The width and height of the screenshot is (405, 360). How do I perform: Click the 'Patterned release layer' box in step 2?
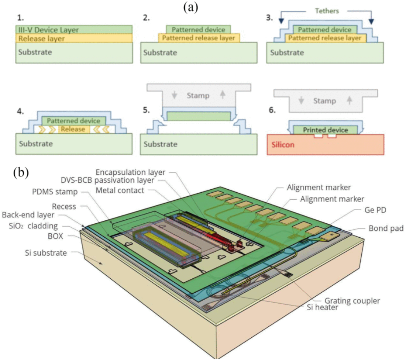(199, 38)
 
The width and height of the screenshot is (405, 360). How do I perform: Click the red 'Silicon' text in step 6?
(284, 144)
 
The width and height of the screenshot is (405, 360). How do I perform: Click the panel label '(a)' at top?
(191, 7)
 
